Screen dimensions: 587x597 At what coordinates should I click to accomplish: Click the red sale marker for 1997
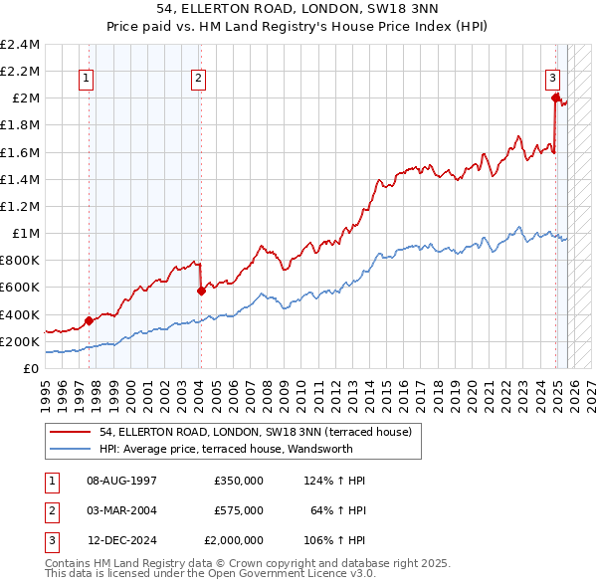click(x=89, y=320)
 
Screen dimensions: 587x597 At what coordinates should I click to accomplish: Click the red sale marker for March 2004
click(x=201, y=291)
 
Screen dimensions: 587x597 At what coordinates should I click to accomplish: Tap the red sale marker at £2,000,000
click(x=555, y=98)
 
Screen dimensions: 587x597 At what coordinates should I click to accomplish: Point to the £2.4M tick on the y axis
click(x=20, y=45)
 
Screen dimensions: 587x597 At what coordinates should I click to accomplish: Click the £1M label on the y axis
click(x=27, y=233)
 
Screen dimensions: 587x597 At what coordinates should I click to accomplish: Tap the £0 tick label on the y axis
click(x=32, y=368)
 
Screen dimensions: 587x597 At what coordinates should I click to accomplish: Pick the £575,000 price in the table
click(x=238, y=510)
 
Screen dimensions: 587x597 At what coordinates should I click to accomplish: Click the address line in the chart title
click(x=298, y=10)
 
